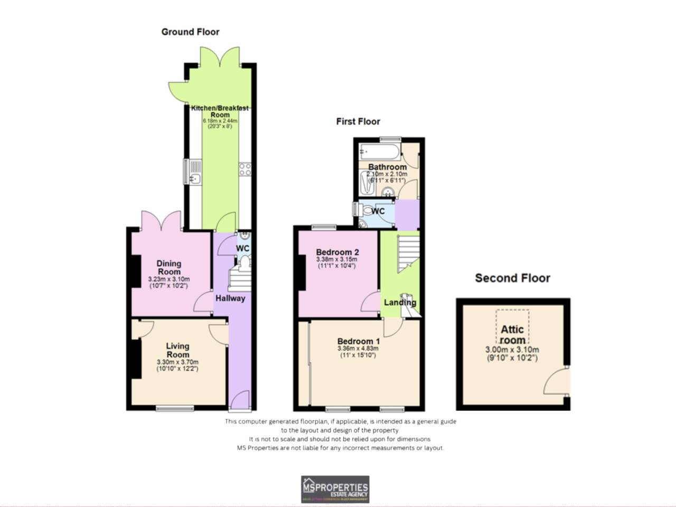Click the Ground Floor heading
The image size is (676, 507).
pyautogui.click(x=190, y=32)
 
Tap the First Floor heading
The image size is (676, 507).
pyautogui.click(x=358, y=121)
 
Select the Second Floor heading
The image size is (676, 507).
pyautogui.click(x=512, y=278)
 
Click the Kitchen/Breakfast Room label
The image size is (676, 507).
pyautogui.click(x=220, y=111)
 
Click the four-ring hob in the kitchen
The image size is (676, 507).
pyautogui.click(x=245, y=170)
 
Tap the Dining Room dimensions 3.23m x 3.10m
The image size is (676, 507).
pyautogui.click(x=169, y=279)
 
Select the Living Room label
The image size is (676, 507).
pyautogui.click(x=177, y=350)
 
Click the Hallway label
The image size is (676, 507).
pyautogui.click(x=230, y=298)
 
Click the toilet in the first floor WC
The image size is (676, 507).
pyautogui.click(x=367, y=211)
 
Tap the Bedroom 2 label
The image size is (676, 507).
pyautogui.click(x=337, y=252)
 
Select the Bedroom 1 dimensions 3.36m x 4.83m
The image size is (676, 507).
pyautogui.click(x=358, y=349)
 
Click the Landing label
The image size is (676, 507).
pyautogui.click(x=400, y=303)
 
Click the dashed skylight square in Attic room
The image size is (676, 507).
pyautogui.click(x=512, y=326)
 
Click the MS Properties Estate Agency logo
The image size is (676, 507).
pyautogui.click(x=335, y=489)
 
